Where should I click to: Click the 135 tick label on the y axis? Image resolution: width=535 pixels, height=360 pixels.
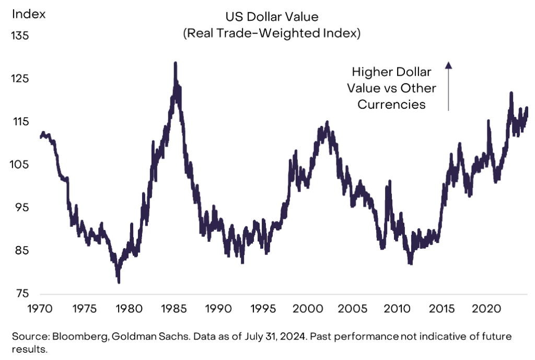coord(20,36)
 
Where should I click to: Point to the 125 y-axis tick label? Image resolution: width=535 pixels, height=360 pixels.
coord(20,79)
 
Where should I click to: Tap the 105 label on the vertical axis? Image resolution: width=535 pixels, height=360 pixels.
coord(20,165)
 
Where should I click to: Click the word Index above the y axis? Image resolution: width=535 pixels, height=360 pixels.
coord(29,14)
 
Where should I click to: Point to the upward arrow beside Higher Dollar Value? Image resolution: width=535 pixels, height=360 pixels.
coord(448,86)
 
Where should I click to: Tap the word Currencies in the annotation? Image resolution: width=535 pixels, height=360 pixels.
coord(391,104)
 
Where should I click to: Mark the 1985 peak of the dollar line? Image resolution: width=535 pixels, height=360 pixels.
coord(175,63)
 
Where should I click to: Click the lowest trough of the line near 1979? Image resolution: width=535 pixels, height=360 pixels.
coord(119,282)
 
